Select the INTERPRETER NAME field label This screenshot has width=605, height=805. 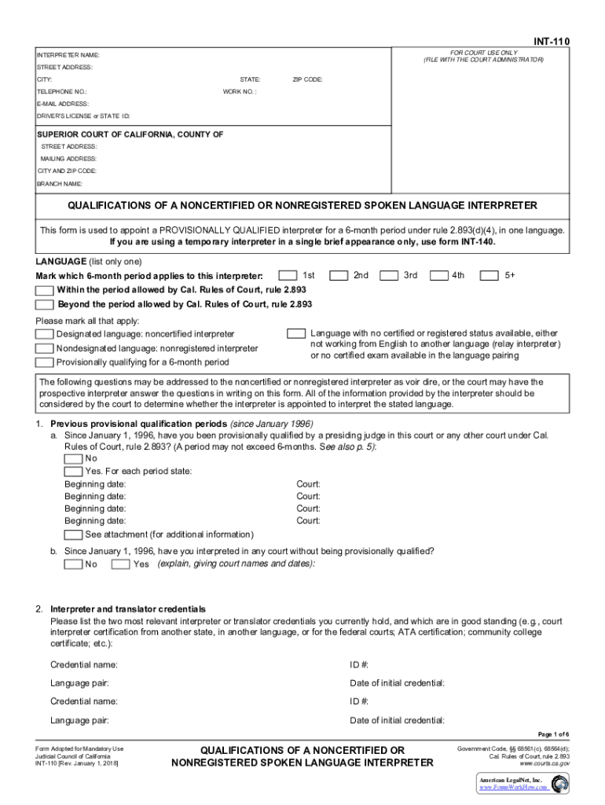point(68,55)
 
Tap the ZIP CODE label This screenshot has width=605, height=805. point(307,79)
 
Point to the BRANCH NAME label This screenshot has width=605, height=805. point(60,183)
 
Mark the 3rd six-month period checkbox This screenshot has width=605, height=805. point(389,276)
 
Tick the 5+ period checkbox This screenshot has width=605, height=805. point(489,276)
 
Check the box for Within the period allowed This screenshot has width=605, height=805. point(46,290)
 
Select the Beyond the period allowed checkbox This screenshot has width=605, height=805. point(46,303)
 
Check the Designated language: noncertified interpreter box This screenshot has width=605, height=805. point(46,334)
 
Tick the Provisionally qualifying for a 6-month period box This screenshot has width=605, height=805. point(46,362)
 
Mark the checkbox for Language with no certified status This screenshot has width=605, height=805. point(296,333)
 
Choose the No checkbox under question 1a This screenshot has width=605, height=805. point(73,459)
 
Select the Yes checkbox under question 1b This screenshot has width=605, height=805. point(120,564)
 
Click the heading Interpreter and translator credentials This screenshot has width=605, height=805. point(128,609)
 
